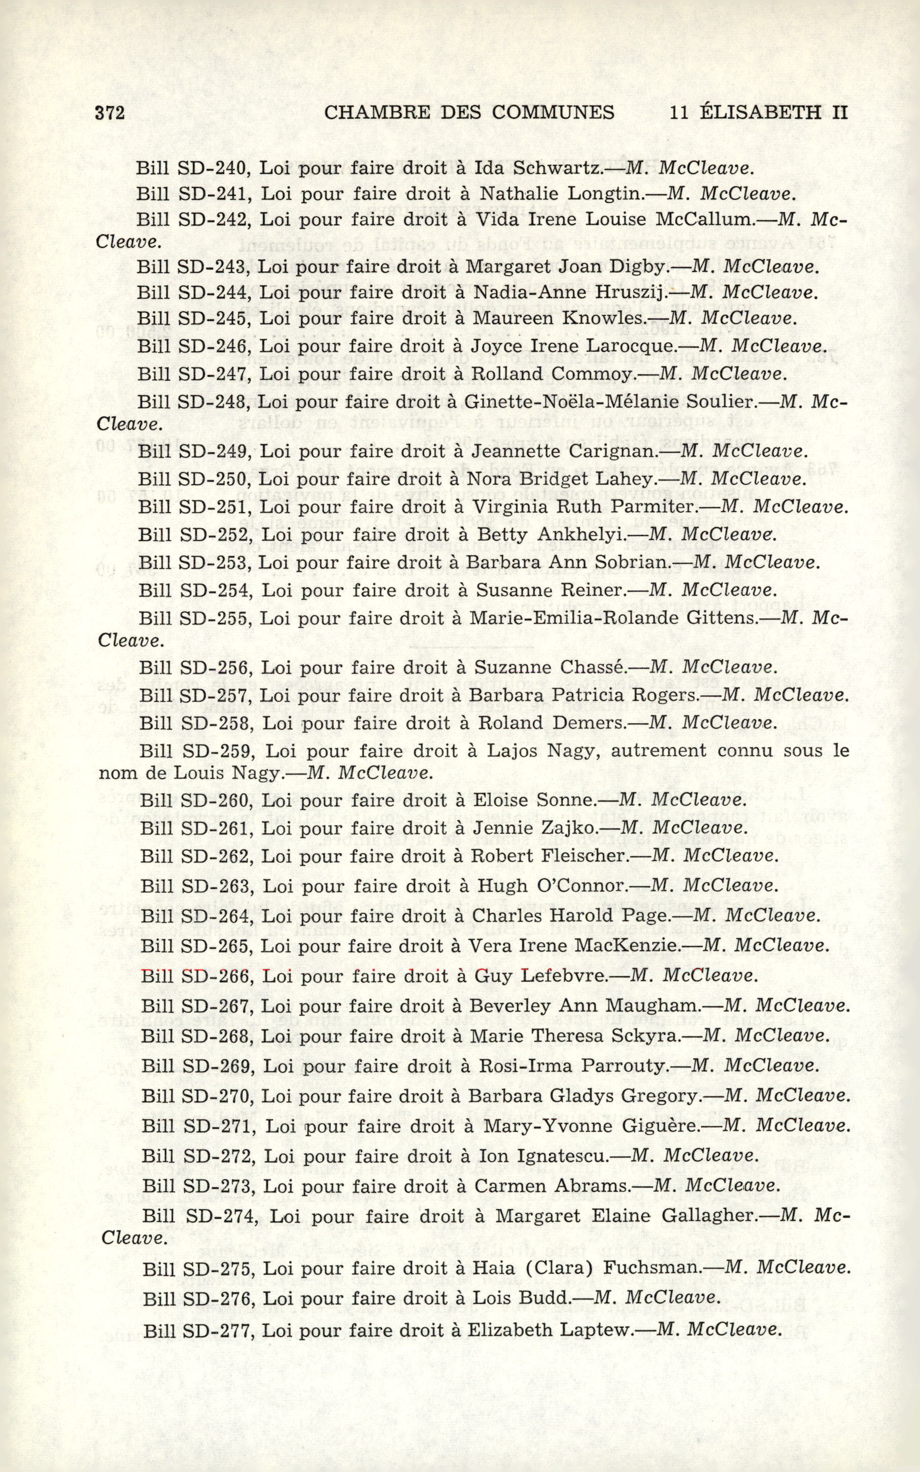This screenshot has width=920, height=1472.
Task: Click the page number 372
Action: (x=110, y=113)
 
